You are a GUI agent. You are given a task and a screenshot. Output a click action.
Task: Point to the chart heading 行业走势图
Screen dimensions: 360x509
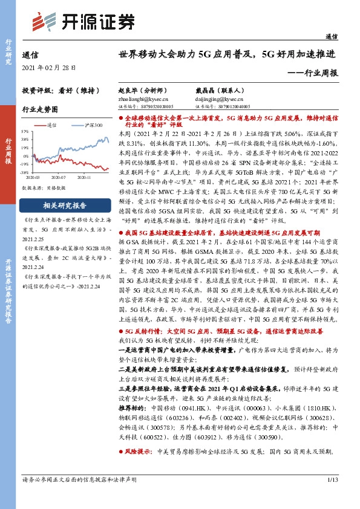40,109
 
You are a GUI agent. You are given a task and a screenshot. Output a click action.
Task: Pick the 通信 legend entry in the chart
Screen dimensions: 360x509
51,125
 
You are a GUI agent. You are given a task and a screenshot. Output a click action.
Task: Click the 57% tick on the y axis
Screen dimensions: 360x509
25,131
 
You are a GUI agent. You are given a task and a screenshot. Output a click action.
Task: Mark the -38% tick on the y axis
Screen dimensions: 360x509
25,172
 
